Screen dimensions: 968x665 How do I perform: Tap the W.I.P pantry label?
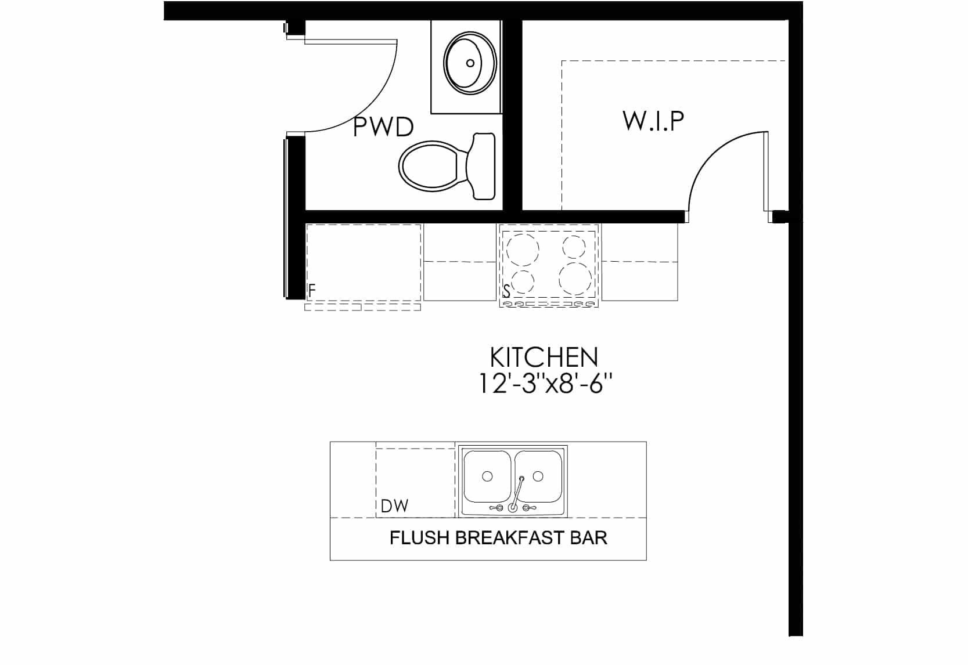[653, 121]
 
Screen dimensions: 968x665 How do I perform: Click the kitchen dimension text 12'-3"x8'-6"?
[545, 384]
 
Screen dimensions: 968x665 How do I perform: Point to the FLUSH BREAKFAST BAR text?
[498, 537]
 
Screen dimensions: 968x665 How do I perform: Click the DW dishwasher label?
[394, 505]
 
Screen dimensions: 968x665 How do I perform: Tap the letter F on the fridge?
[312, 291]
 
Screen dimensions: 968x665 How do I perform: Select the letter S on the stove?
[506, 291]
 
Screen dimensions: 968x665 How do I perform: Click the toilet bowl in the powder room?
[428, 166]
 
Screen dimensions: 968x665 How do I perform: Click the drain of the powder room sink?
[470, 63]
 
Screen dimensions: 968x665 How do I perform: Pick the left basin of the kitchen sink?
[487, 476]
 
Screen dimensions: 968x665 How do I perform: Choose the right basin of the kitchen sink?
[538, 476]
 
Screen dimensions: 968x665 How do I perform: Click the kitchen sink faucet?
[516, 494]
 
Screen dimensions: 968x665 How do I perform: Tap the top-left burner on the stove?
[523, 250]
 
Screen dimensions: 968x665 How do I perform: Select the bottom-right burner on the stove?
[575, 278]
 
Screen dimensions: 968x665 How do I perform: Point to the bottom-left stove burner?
[523, 282]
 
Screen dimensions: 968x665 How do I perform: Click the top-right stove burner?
[574, 247]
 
